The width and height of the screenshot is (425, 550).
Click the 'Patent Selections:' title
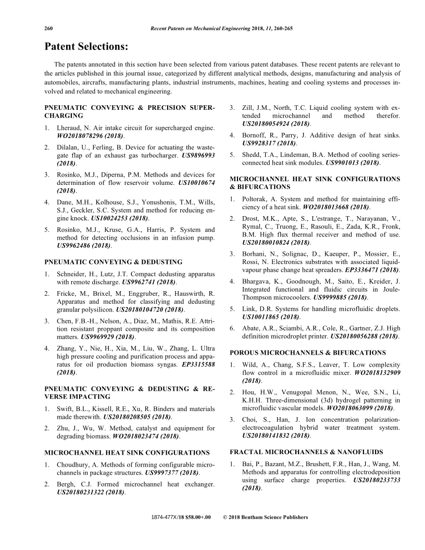(x=86, y=46)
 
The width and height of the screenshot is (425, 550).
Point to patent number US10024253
(x=113, y=218)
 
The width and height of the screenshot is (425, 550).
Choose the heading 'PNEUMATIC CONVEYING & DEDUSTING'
(x=114, y=262)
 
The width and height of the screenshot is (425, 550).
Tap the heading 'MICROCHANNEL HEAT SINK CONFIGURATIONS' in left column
(x=128, y=453)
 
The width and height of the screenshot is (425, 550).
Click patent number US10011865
(x=264, y=317)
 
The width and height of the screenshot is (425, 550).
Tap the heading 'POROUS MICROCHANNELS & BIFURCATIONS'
(x=307, y=352)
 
